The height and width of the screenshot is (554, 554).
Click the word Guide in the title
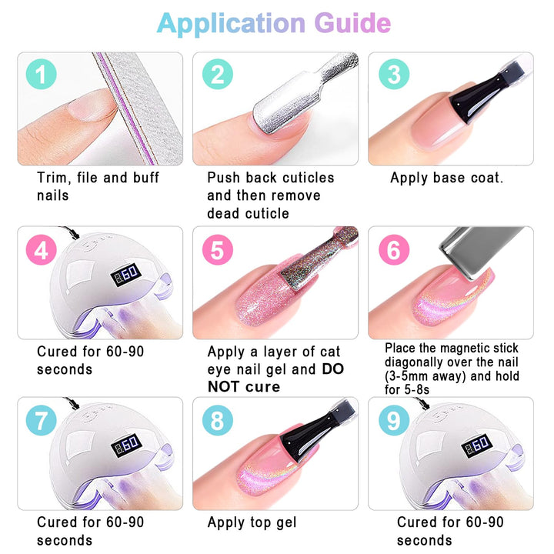coord(352,23)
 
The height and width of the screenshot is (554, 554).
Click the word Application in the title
coord(231,24)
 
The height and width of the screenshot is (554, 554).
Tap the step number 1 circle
coord(42,74)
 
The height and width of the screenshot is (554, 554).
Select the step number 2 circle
coord(218,74)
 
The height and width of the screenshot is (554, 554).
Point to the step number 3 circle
coord(394,74)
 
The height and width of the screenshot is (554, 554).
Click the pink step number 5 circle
coord(218,250)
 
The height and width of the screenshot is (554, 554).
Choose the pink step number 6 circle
coord(394,250)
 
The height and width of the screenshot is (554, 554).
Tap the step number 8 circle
coord(218,420)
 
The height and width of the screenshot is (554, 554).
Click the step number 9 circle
coord(394,420)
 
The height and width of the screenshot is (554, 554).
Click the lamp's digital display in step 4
coord(126,274)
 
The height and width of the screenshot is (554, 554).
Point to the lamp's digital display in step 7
coord(126,445)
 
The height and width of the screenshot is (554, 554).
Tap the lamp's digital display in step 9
coord(476,445)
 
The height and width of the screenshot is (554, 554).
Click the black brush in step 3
coord(484,94)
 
